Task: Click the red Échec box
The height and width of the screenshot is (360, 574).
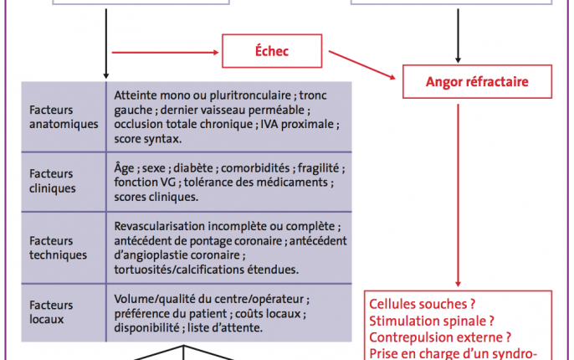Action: coord(272,51)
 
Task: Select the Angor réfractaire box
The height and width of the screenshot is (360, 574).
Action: coord(477,82)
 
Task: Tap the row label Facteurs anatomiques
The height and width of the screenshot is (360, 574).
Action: coord(64,117)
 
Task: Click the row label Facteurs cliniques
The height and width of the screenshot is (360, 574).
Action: coord(53,181)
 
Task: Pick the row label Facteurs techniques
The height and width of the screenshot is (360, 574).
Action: coord(59,248)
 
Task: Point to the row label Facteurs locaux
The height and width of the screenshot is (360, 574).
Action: coord(51,312)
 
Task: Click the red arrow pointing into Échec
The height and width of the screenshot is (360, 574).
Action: coord(165,53)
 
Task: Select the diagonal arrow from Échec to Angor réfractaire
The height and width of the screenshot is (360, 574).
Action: coord(362,64)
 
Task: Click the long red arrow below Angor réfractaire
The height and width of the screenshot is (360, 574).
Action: coord(458,195)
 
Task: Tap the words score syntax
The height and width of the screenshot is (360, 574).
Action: coord(147,139)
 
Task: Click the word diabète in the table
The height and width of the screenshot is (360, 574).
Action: coord(194,168)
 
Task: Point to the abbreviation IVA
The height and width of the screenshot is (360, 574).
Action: coord(269,124)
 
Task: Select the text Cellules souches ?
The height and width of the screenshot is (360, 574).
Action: coord(422,304)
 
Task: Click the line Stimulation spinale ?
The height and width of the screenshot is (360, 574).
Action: coord(432,321)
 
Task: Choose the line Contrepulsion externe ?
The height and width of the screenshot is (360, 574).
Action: coord(440,337)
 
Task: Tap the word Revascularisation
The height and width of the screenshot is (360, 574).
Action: coord(160,226)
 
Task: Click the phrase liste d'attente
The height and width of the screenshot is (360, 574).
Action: coord(225,327)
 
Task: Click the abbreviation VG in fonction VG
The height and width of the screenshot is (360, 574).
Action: coord(168,182)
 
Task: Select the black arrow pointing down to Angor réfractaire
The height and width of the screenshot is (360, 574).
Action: coord(458,36)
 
